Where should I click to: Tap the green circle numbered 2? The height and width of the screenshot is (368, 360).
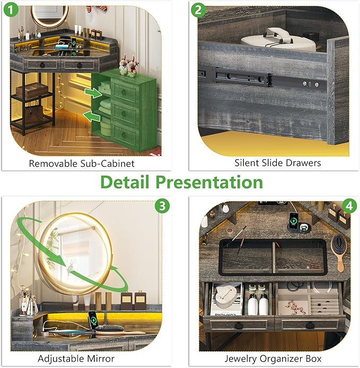[198, 10]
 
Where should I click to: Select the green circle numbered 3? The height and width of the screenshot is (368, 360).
[162, 206]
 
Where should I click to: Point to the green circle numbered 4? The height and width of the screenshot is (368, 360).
[349, 207]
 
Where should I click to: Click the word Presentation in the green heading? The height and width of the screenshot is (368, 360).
[209, 182]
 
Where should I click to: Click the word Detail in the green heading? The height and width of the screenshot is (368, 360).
[125, 182]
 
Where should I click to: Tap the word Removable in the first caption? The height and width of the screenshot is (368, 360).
[54, 164]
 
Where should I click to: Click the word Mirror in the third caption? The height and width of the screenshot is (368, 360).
[101, 358]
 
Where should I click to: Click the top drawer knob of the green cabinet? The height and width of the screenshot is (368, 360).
[124, 91]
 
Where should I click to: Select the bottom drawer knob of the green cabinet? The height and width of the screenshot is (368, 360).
[124, 135]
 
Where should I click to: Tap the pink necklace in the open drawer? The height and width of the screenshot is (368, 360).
[293, 306]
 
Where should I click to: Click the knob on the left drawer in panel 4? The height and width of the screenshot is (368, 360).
[238, 326]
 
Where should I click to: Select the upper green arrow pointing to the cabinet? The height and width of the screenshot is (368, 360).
[93, 93]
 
